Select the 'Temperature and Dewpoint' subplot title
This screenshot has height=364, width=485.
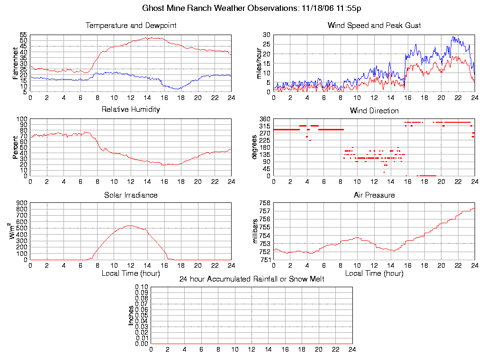(x=131, y=26)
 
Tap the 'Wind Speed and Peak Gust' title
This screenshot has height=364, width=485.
(x=374, y=26)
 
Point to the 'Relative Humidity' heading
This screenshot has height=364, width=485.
(x=131, y=109)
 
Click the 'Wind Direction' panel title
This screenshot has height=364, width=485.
(x=374, y=111)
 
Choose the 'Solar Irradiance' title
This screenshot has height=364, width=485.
(x=131, y=195)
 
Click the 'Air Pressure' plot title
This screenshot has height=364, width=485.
(x=374, y=195)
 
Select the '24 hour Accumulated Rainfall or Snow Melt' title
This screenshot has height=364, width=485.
(x=251, y=279)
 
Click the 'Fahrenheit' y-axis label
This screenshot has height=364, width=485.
(x=16, y=63)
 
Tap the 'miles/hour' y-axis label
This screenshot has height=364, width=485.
(x=259, y=63)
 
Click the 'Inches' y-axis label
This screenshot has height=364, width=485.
(x=131, y=315)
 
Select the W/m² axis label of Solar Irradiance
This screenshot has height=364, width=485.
(x=15, y=231)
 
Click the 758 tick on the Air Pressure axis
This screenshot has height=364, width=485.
(x=264, y=203)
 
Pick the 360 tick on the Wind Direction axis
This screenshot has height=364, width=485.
(x=264, y=119)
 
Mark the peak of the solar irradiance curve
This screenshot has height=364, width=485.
(x=130, y=226)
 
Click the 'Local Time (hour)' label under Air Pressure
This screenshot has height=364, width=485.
(x=374, y=273)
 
